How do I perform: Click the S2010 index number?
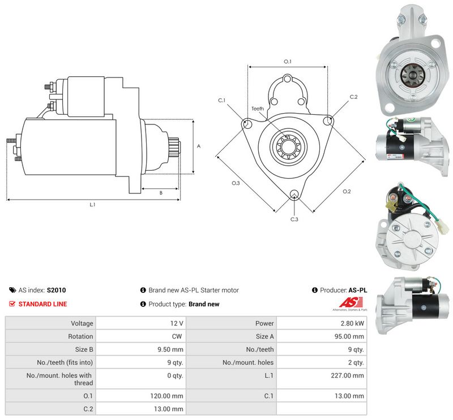pos(56,290)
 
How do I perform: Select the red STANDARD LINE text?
pos(43,304)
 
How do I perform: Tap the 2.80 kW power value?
pos(352,323)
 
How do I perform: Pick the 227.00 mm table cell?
pos(347,375)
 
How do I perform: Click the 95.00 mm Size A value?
pos(349,336)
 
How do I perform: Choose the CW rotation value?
pos(177,336)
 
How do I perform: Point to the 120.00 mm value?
pos(166,396)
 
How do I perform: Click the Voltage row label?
pos(82,323)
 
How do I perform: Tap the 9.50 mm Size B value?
pos(170,349)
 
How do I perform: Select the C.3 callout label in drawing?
pos(294,219)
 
